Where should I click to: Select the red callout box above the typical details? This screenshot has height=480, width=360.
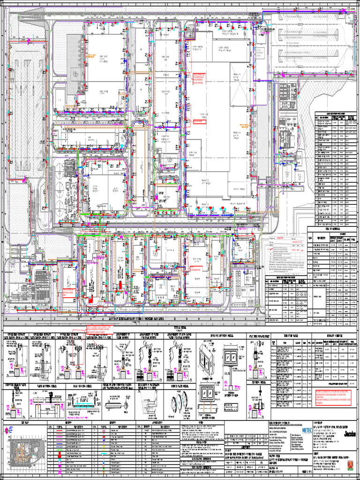coord(101,330)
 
